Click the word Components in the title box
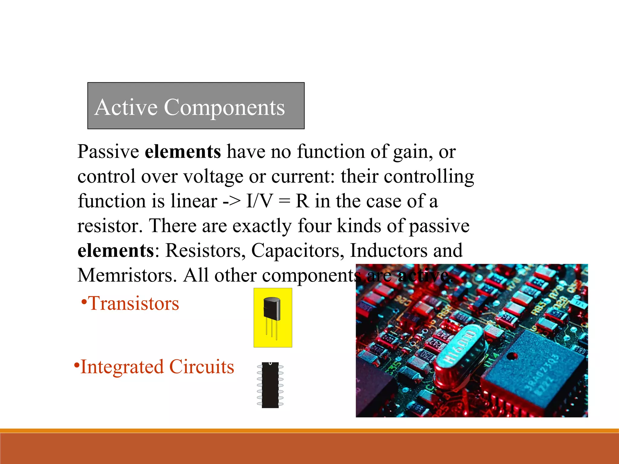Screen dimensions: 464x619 pos(224,108)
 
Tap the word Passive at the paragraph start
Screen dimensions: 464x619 pos(108,151)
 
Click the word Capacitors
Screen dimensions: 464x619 pos(297,250)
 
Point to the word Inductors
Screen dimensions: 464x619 pos(388,250)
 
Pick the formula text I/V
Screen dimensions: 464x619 pos(259,201)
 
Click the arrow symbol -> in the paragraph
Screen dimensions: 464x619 pos(232,201)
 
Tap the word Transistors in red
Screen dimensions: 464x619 pos(133,303)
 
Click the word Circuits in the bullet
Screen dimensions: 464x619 pos(202,367)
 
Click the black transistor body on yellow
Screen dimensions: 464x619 pos(272,308)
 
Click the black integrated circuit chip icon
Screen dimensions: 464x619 pos(270,385)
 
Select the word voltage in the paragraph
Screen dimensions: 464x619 pos(213,176)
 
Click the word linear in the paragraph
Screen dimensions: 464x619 pos(194,201)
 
